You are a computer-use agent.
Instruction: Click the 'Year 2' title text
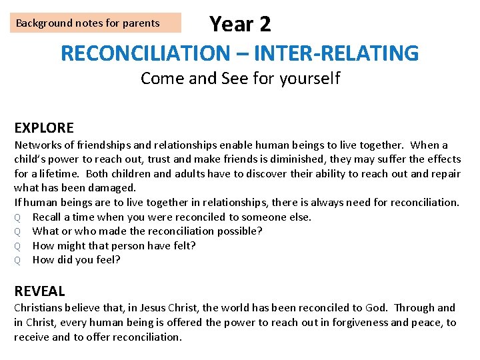click(240, 24)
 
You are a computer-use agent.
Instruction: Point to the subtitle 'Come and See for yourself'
click(240, 79)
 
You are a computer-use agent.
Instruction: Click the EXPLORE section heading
click(44, 127)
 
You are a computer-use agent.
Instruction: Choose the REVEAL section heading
click(39, 291)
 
